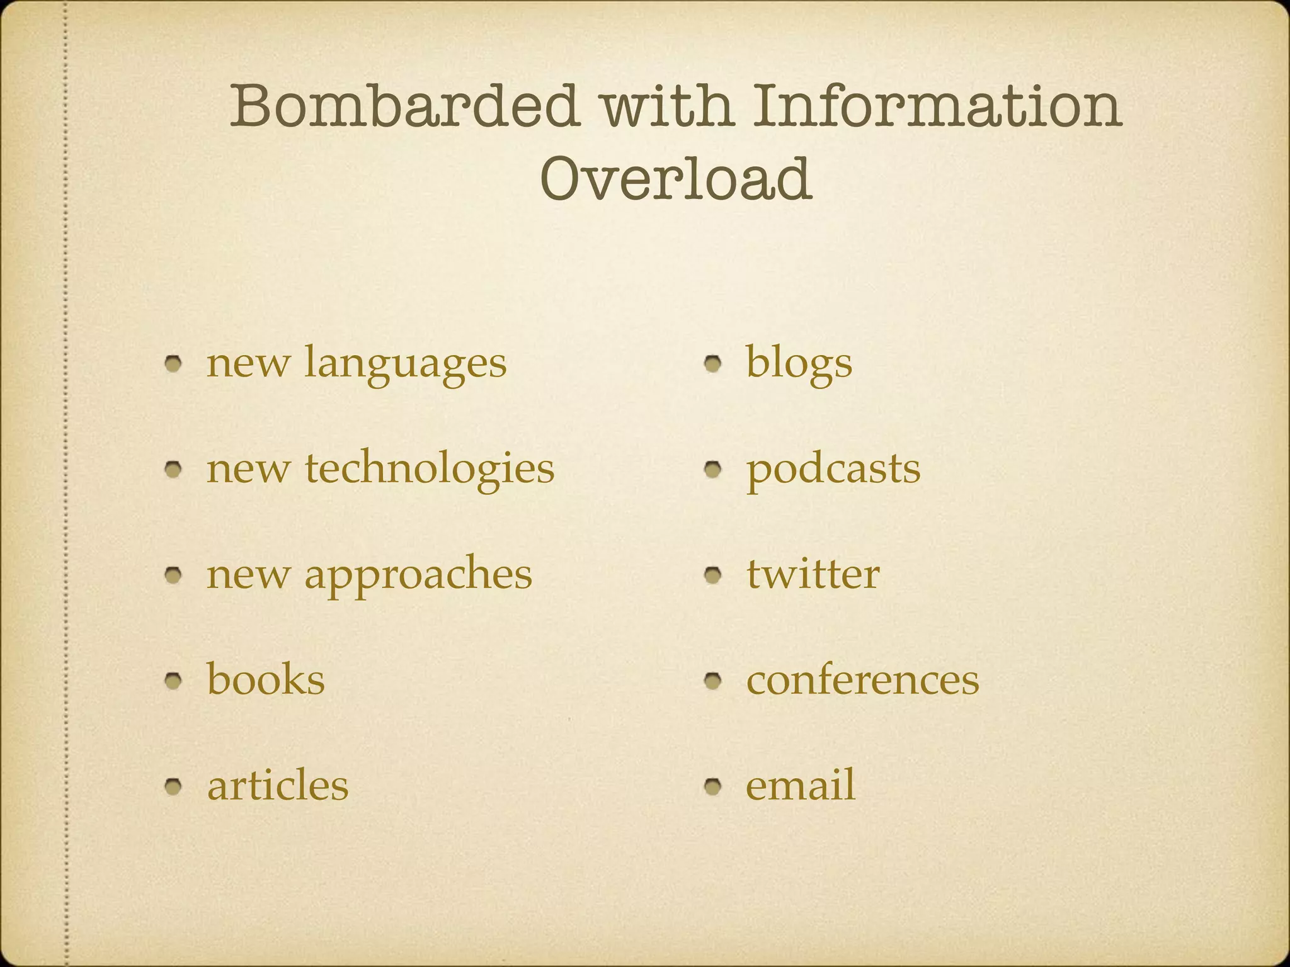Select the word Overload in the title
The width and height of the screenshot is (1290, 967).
676,179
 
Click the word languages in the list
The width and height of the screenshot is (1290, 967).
405,365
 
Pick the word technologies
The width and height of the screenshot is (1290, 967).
430,470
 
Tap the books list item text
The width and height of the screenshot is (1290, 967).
266,680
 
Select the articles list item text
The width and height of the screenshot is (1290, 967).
278,786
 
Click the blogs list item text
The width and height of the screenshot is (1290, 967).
799,365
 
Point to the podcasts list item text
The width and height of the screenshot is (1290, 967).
833,470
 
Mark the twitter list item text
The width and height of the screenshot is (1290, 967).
813,574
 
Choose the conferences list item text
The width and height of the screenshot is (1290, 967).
862,680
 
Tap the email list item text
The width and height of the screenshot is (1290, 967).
801,785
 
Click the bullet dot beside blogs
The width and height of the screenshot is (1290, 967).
713,363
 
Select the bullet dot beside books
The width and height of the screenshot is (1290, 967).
174,680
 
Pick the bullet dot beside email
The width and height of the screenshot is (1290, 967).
713,786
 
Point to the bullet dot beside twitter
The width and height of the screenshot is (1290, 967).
713,575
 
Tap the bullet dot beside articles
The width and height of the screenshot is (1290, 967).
174,786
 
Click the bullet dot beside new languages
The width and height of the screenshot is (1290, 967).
174,363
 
